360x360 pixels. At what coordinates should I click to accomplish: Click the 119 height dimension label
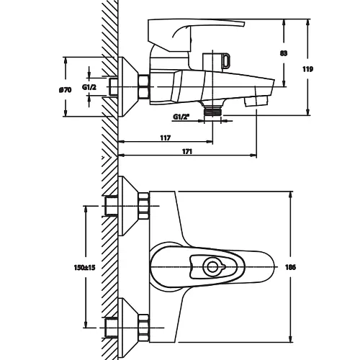tap(307, 69)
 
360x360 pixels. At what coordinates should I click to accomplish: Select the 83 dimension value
tap(284, 53)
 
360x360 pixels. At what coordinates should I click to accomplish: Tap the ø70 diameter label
tap(65, 90)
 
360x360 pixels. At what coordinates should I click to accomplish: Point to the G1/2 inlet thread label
tap(89, 87)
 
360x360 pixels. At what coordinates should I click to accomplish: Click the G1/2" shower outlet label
tap(181, 117)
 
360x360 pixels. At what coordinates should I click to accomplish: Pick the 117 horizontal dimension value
tap(166, 138)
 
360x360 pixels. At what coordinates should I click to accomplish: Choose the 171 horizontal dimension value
tap(187, 151)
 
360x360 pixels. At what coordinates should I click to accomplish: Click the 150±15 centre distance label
tap(85, 267)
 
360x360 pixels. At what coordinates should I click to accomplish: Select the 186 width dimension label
tap(290, 267)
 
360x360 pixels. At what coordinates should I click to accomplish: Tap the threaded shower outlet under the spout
tap(212, 112)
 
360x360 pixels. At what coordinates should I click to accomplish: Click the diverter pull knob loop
tap(226, 60)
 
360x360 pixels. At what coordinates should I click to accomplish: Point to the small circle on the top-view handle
tap(212, 266)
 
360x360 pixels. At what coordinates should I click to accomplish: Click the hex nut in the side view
tap(144, 86)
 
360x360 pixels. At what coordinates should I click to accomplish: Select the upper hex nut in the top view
tap(144, 206)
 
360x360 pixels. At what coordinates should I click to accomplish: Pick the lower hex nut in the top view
tap(144, 328)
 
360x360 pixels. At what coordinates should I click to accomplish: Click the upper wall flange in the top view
tap(128, 206)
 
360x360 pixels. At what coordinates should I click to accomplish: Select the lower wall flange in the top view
tap(128, 328)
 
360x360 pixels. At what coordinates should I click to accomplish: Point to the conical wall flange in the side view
tap(128, 86)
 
